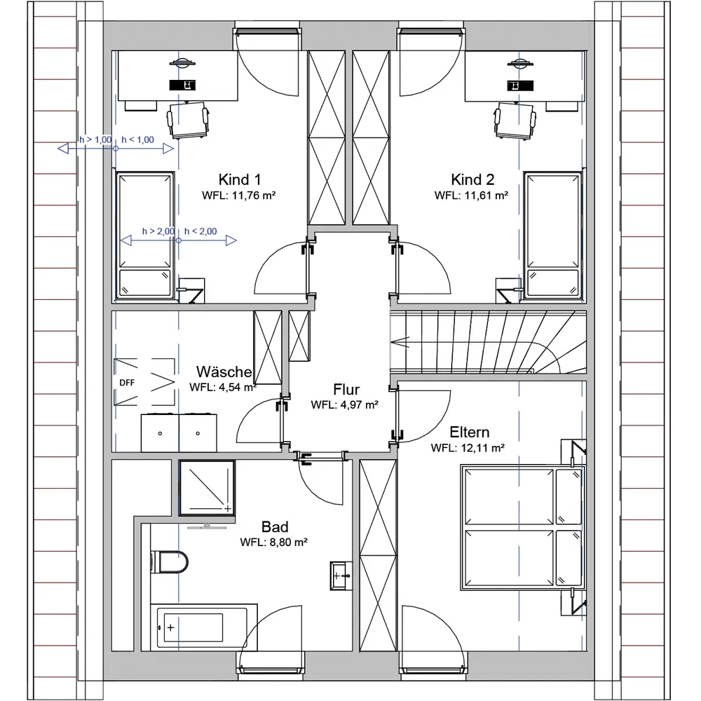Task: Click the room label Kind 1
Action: point(240,179)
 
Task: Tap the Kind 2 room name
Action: point(472,179)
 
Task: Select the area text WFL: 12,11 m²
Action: point(468,448)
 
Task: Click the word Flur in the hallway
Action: point(346,389)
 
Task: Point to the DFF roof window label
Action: point(127,383)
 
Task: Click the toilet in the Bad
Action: point(169,562)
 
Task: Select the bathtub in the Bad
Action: point(204,627)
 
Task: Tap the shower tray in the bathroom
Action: point(207,488)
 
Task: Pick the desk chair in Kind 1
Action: point(188,120)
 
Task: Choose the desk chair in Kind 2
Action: point(515,120)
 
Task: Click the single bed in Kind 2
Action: point(553,234)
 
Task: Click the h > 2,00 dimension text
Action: point(158,231)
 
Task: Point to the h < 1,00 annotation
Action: point(137,140)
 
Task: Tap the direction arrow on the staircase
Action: point(400,342)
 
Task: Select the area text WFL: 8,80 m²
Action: point(273,543)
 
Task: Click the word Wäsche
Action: point(224,372)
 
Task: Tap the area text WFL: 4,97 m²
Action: point(345,405)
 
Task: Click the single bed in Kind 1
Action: point(145,235)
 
